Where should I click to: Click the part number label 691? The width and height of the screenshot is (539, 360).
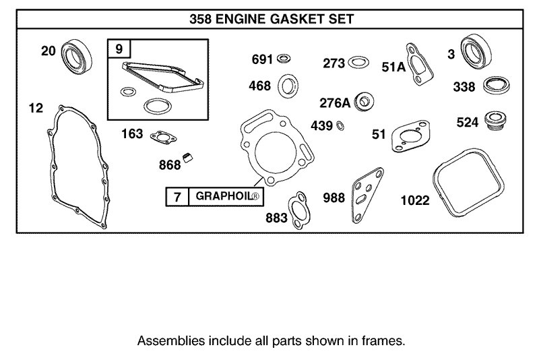click(x=261, y=59)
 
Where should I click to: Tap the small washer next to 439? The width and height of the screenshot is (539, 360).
click(x=341, y=125)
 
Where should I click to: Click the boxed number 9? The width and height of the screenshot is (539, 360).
click(x=119, y=49)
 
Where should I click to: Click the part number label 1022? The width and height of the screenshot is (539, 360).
click(x=415, y=201)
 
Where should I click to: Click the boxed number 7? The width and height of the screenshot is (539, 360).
click(x=177, y=196)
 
